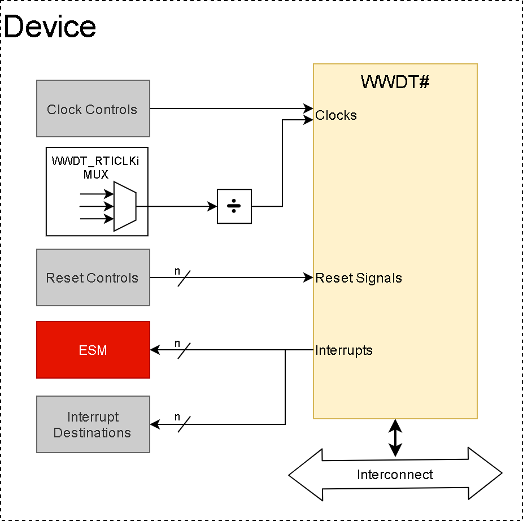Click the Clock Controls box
[93, 108]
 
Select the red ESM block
[93, 350]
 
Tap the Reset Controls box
[93, 277]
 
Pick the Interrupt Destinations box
[93, 424]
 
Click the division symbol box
[234, 206]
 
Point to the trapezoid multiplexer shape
[125, 206]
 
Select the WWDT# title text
[395, 82]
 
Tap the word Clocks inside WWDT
[336, 115]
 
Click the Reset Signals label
[359, 278]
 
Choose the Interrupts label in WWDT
[344, 350]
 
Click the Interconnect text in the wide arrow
[395, 475]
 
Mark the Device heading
[50, 27]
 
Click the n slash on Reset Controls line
[184, 277]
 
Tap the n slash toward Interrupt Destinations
[184, 423]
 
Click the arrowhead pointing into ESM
[154, 350]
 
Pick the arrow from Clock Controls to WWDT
[232, 108]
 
